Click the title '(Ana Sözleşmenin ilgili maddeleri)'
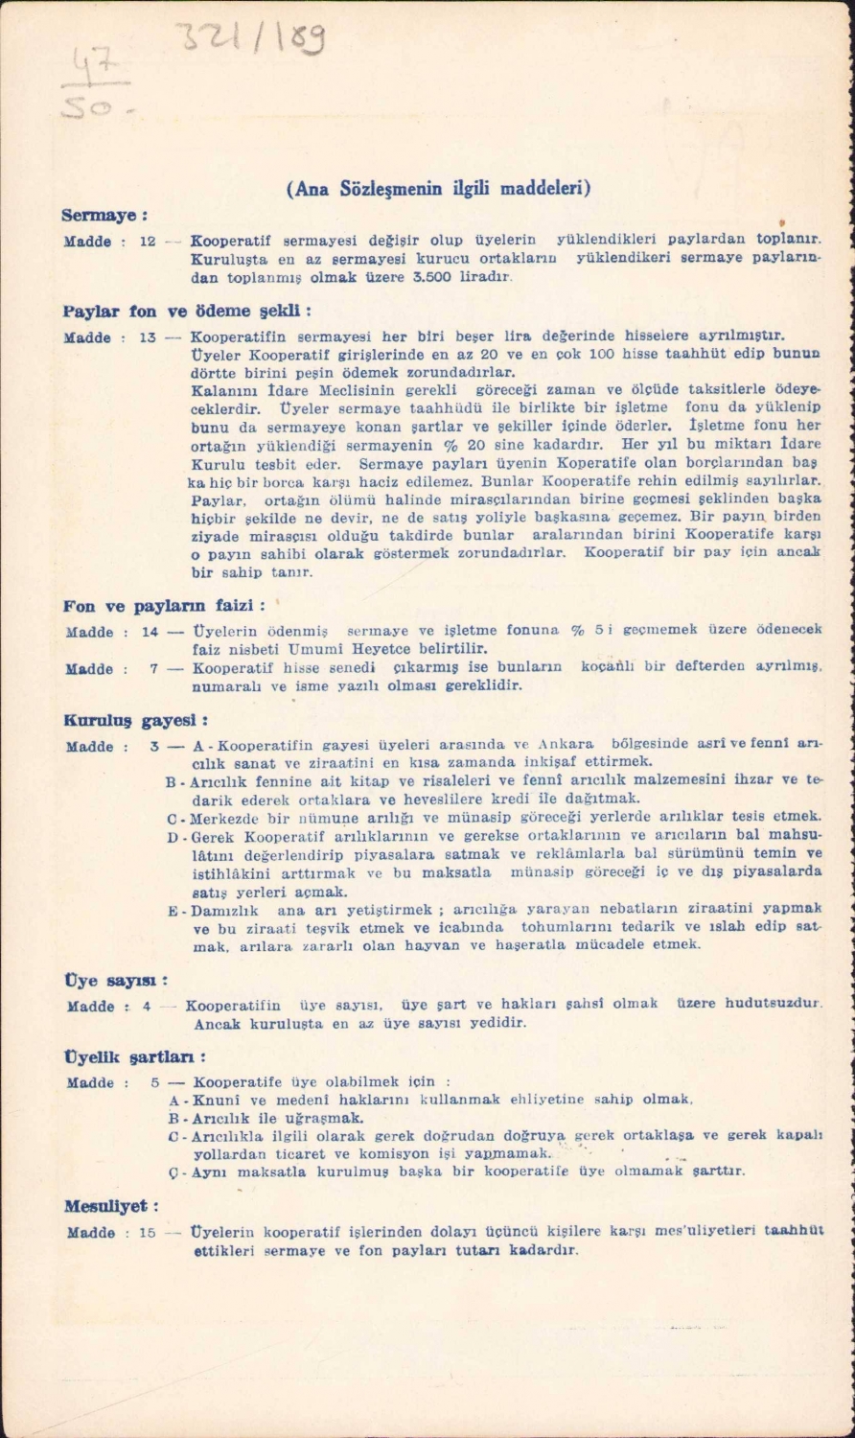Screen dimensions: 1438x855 click(438, 188)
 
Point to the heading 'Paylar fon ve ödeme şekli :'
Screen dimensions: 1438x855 click(188, 312)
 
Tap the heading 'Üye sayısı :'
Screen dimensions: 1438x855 click(115, 981)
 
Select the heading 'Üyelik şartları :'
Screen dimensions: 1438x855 click(134, 1056)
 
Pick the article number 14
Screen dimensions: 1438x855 click(149, 632)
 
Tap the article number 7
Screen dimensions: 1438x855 click(153, 668)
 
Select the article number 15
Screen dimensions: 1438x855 click(147, 1232)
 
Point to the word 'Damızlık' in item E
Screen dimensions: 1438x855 click(223, 909)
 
